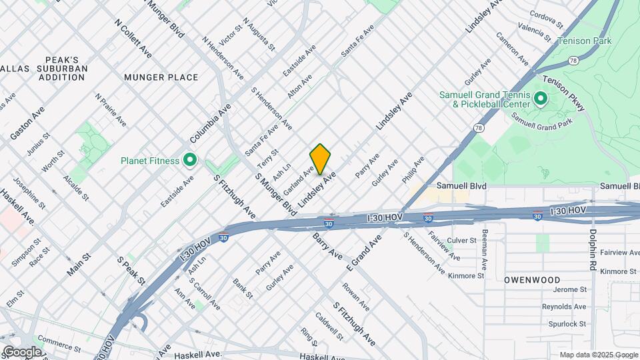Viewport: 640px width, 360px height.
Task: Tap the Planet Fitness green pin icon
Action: [189, 160]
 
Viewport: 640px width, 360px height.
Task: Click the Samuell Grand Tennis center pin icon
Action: [540, 100]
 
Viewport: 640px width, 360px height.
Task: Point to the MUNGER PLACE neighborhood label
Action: [161, 77]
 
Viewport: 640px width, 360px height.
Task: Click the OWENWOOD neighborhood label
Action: [532, 280]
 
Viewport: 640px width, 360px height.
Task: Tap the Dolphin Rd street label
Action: [592, 250]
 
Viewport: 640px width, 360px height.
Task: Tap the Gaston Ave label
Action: [27, 123]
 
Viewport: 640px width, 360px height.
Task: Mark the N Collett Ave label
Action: [133, 37]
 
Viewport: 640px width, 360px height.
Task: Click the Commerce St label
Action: [59, 346]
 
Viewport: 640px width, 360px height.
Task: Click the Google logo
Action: [22, 351]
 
